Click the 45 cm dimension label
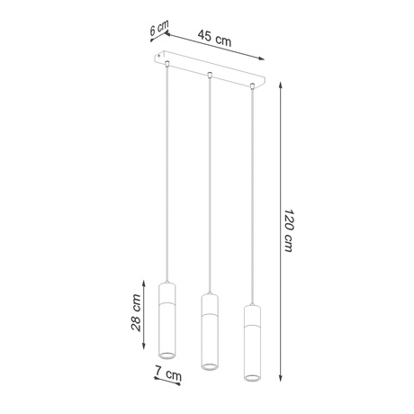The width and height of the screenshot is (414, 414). pyautogui.click(x=213, y=40)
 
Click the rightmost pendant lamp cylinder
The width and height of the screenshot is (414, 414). pyautogui.click(x=251, y=342)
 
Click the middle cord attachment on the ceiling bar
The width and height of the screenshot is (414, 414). pyautogui.click(x=209, y=74)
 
